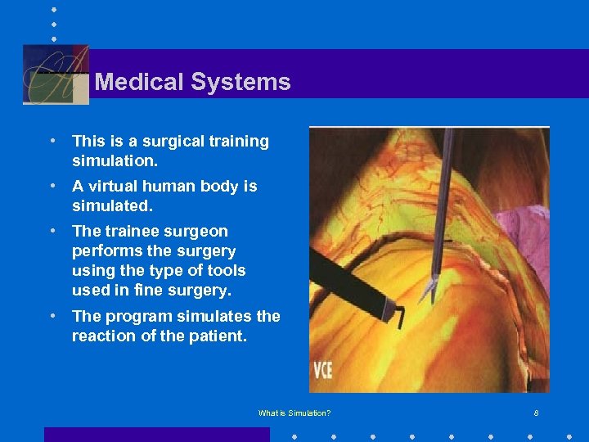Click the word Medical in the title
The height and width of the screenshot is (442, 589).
tap(139, 82)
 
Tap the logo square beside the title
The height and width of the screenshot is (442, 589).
tap(56, 74)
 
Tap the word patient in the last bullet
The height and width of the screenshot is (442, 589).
tap(218, 336)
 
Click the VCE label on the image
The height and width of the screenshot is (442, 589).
tap(322, 368)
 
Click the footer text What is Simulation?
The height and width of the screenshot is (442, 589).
tap(294, 413)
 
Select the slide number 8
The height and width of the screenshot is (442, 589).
tap(536, 413)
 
